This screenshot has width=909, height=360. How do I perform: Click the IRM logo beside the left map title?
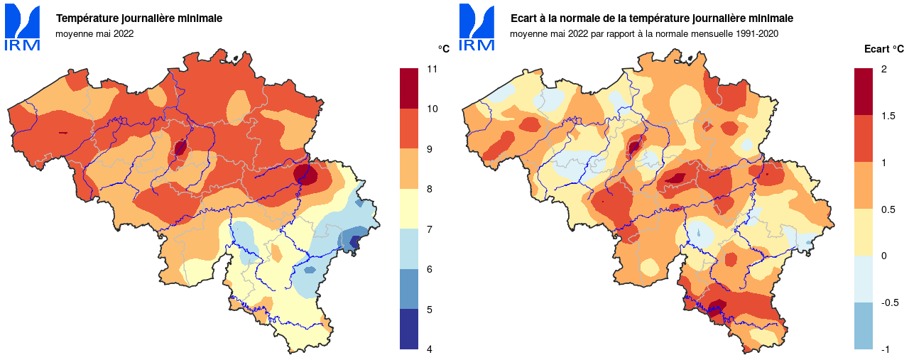[23, 28]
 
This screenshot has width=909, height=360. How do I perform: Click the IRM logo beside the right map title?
[477, 28]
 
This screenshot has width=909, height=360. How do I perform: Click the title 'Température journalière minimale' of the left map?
[139, 18]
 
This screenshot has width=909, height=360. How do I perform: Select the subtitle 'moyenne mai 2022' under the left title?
[94, 33]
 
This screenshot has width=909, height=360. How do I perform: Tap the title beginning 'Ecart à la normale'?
[652, 18]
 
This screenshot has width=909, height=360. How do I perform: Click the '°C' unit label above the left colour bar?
[443, 49]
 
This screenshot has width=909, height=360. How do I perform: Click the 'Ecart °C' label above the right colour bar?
[883, 49]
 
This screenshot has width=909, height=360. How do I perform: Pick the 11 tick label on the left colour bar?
[431, 69]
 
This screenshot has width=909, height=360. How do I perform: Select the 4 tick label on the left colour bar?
[430, 349]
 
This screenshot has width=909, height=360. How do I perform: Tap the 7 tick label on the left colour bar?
[430, 229]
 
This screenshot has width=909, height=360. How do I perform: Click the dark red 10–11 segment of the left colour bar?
[409, 88]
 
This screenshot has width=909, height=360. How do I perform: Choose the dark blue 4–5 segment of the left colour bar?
[409, 329]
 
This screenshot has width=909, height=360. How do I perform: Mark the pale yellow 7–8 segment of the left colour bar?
[409, 209]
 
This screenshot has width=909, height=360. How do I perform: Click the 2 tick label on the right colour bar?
[883, 69]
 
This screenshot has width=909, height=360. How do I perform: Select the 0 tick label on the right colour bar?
[883, 256]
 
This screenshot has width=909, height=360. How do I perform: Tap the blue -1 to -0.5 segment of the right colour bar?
[863, 326]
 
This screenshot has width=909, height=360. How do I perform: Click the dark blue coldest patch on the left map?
[354, 241]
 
